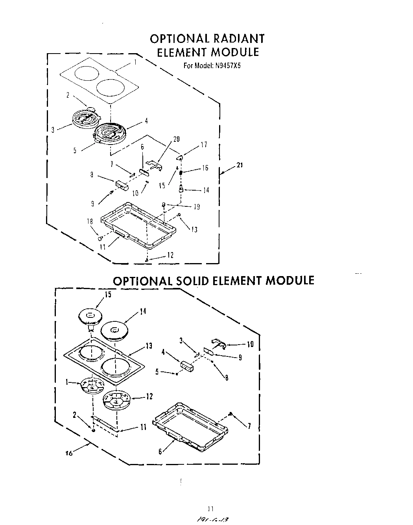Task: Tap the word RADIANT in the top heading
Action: click(x=238, y=39)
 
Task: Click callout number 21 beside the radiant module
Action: click(x=239, y=165)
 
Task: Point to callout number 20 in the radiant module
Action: click(x=176, y=139)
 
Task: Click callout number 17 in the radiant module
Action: click(x=203, y=145)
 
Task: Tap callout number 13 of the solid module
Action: click(x=149, y=346)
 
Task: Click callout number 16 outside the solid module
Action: click(x=69, y=453)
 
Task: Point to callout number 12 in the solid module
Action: click(x=149, y=397)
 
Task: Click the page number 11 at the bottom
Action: click(x=210, y=508)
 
